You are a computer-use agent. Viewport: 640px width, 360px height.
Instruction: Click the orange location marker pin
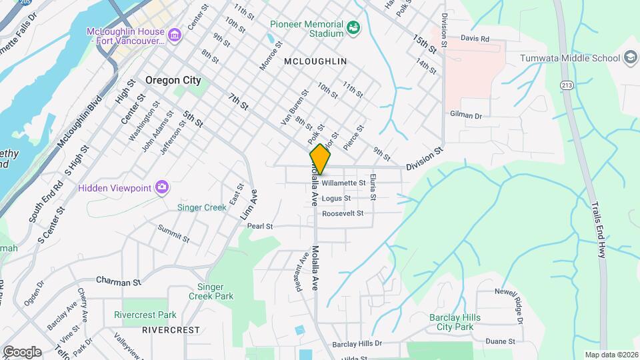click(x=321, y=159)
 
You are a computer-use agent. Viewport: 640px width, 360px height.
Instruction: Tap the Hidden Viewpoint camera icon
click(x=161, y=188)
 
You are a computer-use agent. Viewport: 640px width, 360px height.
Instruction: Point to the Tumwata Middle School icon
click(x=630, y=58)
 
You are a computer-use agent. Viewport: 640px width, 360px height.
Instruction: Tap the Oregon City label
click(x=173, y=80)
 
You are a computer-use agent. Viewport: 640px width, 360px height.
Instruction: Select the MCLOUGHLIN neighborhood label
click(x=315, y=61)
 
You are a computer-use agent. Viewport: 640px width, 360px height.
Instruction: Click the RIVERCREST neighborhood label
click(x=171, y=329)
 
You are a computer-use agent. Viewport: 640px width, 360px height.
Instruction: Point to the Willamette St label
click(x=343, y=183)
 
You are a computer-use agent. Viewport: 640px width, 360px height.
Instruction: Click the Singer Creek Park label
click(x=211, y=291)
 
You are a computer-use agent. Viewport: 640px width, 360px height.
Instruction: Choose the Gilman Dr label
click(x=466, y=115)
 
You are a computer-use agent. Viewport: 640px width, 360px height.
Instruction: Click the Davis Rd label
click(x=475, y=39)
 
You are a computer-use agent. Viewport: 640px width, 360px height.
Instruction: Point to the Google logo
click(x=22, y=351)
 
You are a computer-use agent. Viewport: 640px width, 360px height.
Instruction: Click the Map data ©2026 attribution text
click(x=611, y=355)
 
